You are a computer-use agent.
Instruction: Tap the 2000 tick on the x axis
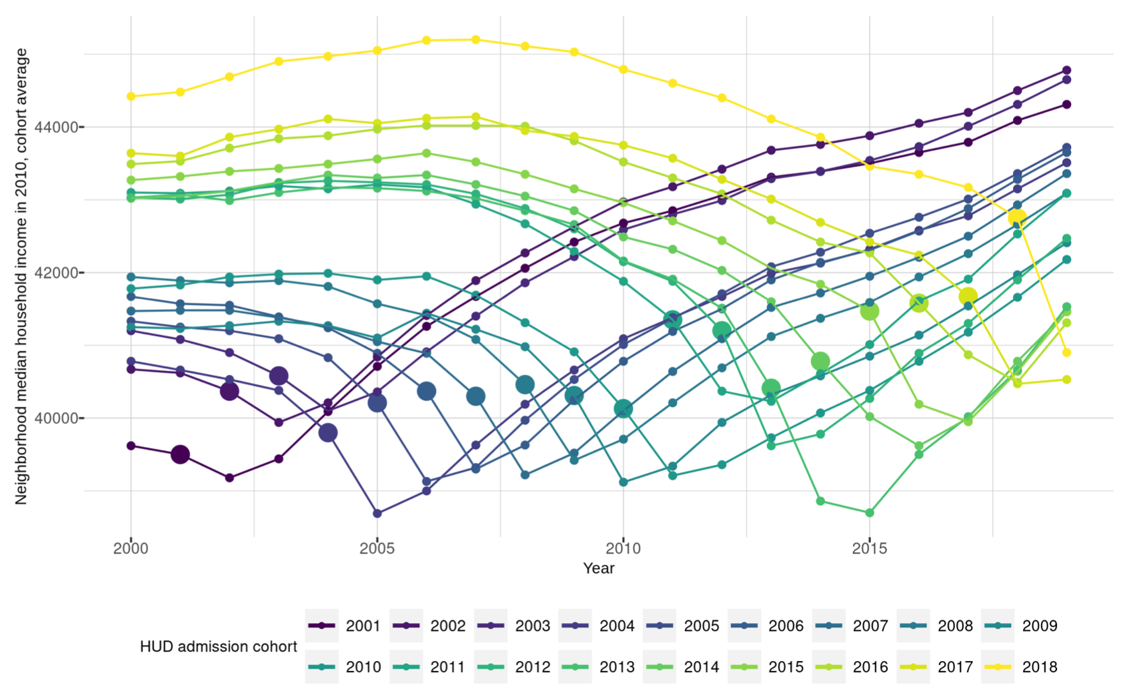(131, 549)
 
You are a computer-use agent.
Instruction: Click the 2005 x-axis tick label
(377, 549)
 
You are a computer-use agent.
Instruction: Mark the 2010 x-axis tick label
(623, 549)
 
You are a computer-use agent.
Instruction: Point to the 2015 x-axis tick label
(869, 549)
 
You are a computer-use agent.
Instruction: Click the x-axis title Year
(598, 568)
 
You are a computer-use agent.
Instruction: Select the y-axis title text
(21, 275)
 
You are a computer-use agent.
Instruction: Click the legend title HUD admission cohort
(218, 646)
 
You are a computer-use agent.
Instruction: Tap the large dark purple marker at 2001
(180, 455)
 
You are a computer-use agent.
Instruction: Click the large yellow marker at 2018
(1017, 217)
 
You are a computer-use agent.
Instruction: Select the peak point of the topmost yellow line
(475, 39)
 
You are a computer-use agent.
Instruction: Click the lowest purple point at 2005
(377, 514)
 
